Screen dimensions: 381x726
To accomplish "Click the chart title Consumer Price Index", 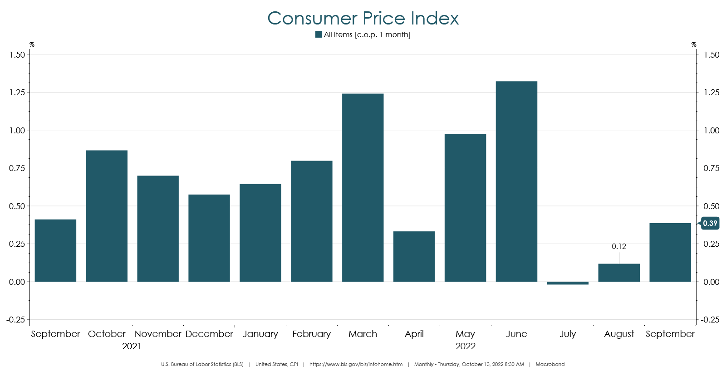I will click(x=363, y=18).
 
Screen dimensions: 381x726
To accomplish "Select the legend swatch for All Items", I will click(x=319, y=34).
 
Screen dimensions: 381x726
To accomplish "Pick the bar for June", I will click(x=516, y=181).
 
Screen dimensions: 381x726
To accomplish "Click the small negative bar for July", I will click(x=568, y=283).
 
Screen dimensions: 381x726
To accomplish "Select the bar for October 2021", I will click(x=107, y=216).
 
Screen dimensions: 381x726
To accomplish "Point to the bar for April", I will click(x=414, y=256).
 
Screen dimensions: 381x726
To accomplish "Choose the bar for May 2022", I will click(x=465, y=208).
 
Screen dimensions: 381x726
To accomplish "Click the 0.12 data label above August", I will click(x=619, y=246).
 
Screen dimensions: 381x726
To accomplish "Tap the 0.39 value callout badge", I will click(x=710, y=223).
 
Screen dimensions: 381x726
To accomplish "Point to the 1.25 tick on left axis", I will click(x=17, y=93).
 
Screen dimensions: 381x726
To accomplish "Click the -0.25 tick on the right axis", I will click(x=710, y=320).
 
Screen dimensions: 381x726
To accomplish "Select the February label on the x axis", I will click(x=311, y=334).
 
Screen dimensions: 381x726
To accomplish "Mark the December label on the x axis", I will click(x=209, y=334).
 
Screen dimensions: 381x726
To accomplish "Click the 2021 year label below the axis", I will click(x=132, y=346).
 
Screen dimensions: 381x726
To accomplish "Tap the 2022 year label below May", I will click(x=466, y=346).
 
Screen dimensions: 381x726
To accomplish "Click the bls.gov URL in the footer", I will click(x=356, y=364).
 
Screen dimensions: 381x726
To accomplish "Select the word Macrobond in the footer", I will click(x=550, y=364).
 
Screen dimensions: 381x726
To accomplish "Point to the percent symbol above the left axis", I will click(x=32, y=44).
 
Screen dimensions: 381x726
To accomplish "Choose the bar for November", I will click(x=158, y=229).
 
